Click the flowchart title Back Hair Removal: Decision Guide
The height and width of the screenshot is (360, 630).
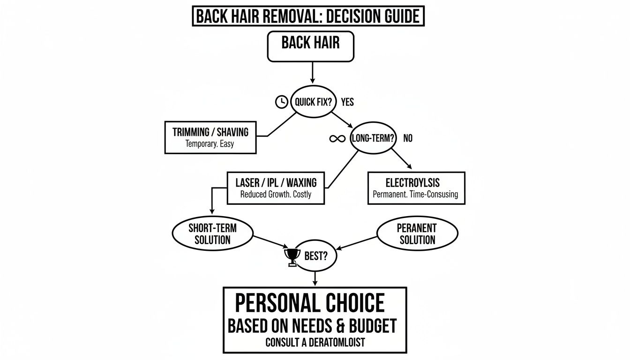coord(308,16)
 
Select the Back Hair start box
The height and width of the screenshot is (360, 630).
coord(310,47)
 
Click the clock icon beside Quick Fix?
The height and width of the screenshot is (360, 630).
coord(281,102)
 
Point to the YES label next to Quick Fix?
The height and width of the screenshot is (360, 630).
coord(347,102)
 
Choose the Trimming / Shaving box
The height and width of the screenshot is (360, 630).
coord(210,137)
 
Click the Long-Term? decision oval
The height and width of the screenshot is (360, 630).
coord(373,139)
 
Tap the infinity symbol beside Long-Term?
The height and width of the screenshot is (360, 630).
coord(337,139)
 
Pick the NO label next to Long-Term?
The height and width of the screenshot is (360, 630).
coord(408,139)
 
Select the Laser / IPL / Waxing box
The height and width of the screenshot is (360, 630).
coord(276,187)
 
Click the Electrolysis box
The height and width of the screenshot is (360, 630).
coord(416,187)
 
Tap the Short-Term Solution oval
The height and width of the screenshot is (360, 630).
coord(212,233)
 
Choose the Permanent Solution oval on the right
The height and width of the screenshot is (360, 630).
coord(417,233)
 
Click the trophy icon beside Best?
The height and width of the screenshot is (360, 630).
coord(292,257)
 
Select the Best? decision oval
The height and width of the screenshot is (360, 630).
coord(315,256)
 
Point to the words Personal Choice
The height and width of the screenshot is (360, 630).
coord(309,303)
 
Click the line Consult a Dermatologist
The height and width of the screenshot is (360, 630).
coord(315,343)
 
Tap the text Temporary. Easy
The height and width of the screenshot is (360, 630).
coord(210,144)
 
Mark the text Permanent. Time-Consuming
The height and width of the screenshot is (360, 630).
coord(415,194)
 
